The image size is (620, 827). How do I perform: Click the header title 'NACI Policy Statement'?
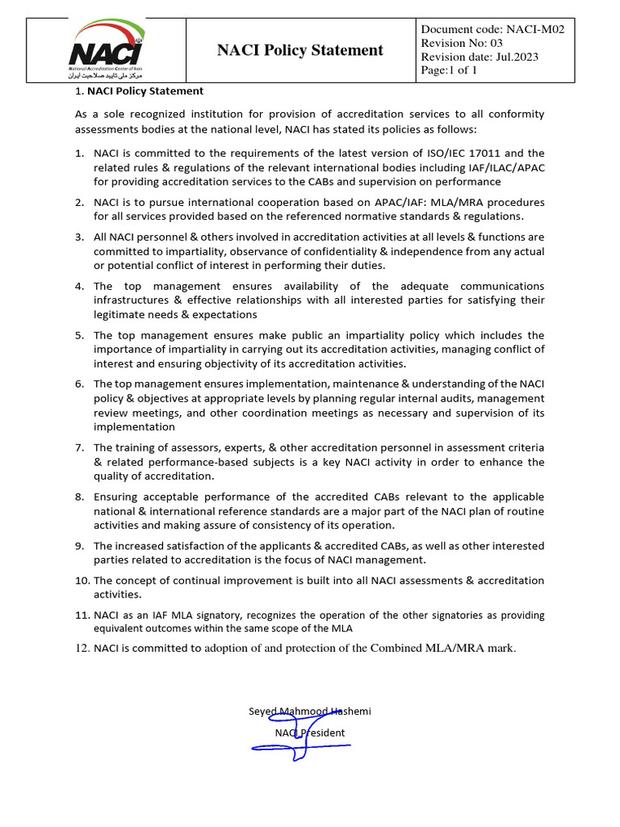(x=300, y=50)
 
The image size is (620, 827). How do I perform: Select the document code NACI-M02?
(x=492, y=29)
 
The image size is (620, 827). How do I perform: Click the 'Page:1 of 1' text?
(x=450, y=70)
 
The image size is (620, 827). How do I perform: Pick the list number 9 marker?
(x=79, y=546)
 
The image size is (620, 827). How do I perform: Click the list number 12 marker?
(x=82, y=648)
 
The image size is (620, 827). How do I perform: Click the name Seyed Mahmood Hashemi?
(x=309, y=712)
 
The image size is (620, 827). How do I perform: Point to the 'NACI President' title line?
(x=309, y=733)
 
